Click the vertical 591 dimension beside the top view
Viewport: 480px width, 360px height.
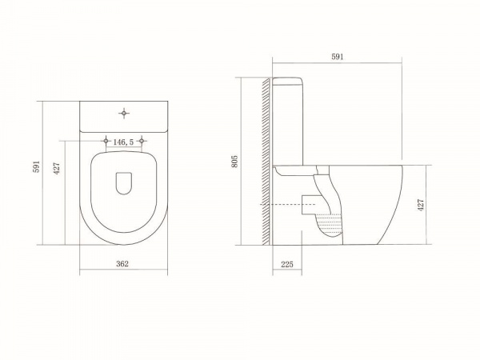(x=37, y=166)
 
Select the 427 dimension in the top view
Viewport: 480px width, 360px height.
(x=58, y=168)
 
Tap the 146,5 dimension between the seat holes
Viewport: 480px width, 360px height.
(x=123, y=142)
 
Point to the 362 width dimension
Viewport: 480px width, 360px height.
(x=122, y=263)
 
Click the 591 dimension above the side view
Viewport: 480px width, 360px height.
(x=338, y=57)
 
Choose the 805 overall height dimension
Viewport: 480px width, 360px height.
(x=234, y=162)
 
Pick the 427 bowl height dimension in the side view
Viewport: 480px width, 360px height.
(x=421, y=205)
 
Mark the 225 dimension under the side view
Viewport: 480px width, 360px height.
(x=287, y=264)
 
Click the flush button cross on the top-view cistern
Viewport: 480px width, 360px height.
(x=124, y=114)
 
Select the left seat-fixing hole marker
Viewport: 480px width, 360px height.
(x=106, y=141)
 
